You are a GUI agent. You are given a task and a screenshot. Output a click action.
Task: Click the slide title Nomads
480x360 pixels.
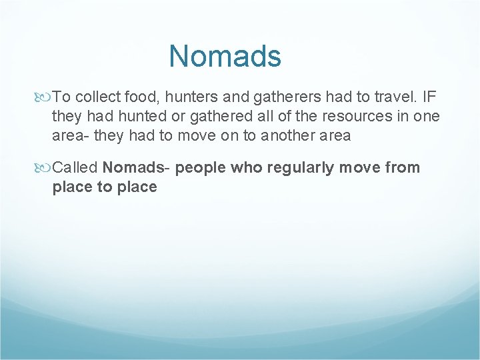[225, 56]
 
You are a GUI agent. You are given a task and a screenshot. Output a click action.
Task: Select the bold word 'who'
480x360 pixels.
[247, 167]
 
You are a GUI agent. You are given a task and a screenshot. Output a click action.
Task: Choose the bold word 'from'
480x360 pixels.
[402, 167]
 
